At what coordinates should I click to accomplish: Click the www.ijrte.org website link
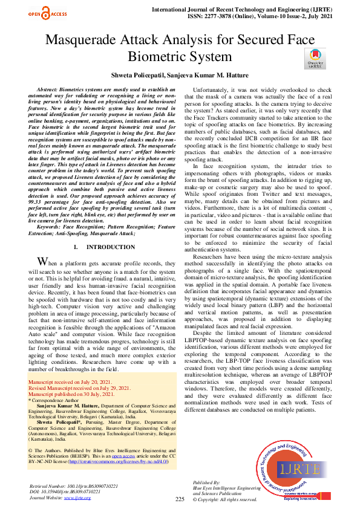[x=77, y=497]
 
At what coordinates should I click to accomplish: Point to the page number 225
[x=180, y=499]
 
